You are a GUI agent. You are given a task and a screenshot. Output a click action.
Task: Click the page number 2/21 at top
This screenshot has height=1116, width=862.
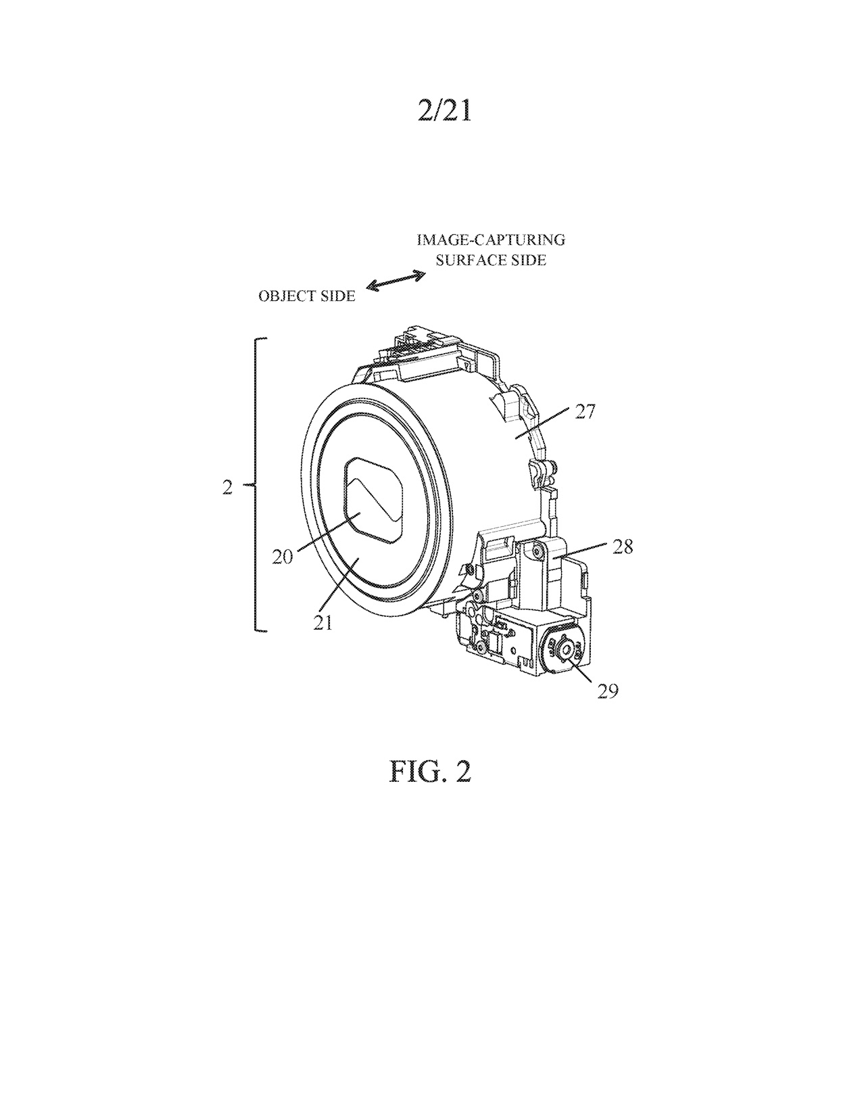pos(444,111)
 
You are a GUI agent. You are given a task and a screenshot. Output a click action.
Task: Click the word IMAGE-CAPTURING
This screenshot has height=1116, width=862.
pos(491,240)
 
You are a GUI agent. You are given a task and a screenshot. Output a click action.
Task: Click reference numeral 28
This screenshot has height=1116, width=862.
pos(622,547)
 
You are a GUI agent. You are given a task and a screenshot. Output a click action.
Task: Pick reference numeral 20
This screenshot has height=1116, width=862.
pos(283,557)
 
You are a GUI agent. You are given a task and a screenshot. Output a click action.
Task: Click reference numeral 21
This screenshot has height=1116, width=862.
pos(323,622)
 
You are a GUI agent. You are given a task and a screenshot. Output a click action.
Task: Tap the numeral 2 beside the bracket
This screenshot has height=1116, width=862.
pos(227,488)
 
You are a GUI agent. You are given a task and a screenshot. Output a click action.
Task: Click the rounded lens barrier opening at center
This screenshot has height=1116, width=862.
pos(373,499)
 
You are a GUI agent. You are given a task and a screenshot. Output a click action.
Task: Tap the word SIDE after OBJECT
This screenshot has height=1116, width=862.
pos(339,296)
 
